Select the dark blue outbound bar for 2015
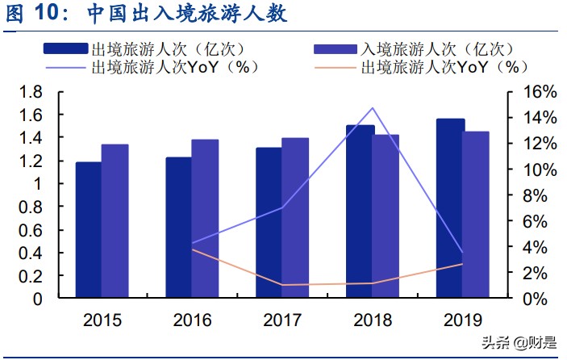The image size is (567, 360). pos(89,230)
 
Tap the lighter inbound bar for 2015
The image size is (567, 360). pos(115,221)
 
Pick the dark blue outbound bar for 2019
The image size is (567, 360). pos(450,208)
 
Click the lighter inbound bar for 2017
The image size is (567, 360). pos(295,218)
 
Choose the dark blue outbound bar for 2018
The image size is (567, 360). pos(360,211)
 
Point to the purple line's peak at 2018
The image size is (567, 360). pos(373,107)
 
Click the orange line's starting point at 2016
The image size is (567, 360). pos(192,249)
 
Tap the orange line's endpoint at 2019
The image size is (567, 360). pos(463,264)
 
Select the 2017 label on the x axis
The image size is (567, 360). pos(282,320)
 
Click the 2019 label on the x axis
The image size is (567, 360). pos(463,320)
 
